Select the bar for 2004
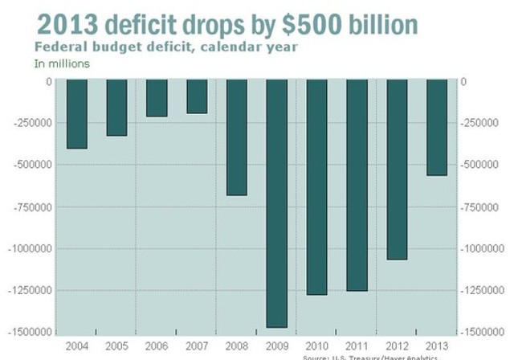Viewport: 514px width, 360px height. (x=76, y=114)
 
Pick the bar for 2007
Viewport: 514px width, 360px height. (x=197, y=96)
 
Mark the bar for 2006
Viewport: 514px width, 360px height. (x=157, y=98)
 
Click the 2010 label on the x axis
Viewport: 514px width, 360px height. (x=316, y=347)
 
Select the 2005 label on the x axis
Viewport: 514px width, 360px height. (x=116, y=347)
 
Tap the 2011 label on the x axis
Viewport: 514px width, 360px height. (x=357, y=347)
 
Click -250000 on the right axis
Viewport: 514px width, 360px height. (x=483, y=123)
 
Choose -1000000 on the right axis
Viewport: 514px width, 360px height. (x=485, y=248)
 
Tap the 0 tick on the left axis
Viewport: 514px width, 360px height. (x=48, y=81)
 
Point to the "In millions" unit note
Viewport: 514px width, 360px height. (x=62, y=63)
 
